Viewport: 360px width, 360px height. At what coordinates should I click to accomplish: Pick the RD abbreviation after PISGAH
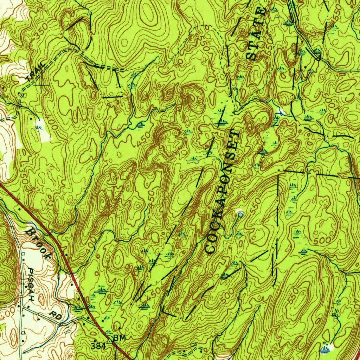click(x=56, y=315)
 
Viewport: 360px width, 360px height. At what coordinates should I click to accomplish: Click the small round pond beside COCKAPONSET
click(x=240, y=213)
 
